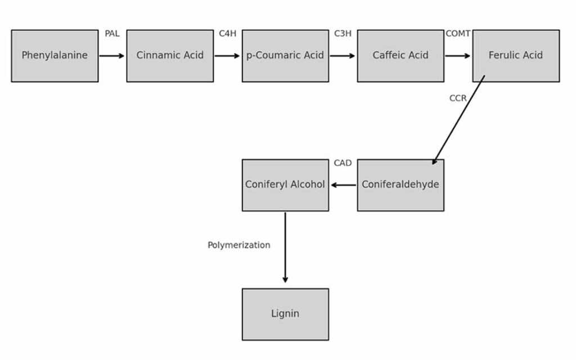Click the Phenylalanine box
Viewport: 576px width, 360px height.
55,56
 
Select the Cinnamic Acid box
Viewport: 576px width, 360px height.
170,56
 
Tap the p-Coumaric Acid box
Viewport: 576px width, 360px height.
285,56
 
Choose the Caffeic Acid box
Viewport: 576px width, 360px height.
400,56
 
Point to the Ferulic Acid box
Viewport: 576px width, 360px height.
516,56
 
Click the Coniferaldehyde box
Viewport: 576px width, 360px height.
400,185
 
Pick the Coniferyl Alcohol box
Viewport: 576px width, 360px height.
285,185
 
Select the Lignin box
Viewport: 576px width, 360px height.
285,314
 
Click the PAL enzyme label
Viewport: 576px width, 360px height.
112,34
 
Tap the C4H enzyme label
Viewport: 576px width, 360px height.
227,34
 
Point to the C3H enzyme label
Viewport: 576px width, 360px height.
343,34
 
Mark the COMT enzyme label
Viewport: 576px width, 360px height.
458,34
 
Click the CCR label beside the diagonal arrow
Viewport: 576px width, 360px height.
458,98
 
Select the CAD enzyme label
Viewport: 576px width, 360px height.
343,163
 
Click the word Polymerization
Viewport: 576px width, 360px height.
238,245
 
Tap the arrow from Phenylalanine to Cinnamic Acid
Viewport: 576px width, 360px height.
112,56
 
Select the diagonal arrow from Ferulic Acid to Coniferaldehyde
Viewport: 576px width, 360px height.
458,120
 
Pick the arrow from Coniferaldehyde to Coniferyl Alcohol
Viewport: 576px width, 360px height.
343,185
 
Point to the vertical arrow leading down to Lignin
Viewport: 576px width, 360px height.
285,247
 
